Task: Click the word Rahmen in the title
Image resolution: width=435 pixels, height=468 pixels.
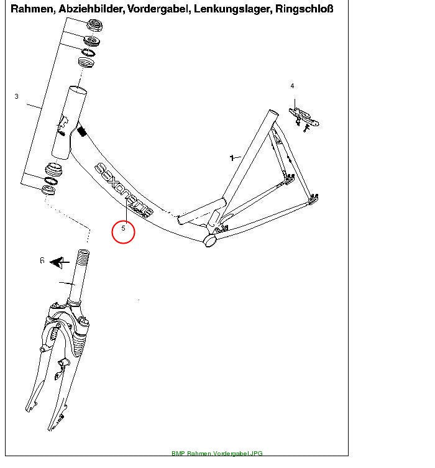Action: (31, 9)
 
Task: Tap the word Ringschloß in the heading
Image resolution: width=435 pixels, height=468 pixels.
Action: (304, 9)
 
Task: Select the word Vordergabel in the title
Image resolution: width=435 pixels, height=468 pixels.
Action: (158, 9)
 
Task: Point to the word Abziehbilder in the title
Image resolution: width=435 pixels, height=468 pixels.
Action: (90, 9)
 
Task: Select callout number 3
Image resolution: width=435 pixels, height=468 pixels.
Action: (16, 96)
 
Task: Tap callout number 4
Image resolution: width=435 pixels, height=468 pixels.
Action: (292, 86)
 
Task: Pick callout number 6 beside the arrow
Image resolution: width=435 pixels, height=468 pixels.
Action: (42, 260)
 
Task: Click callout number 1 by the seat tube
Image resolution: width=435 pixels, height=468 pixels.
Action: (232, 158)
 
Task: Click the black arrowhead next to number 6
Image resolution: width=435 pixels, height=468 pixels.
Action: (57, 262)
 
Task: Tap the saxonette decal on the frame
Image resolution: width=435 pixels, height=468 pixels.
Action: (124, 190)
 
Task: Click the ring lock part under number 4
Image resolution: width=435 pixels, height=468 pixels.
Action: (304, 119)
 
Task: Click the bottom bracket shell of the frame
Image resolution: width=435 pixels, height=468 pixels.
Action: (210, 241)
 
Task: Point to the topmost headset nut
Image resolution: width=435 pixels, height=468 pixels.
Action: (94, 25)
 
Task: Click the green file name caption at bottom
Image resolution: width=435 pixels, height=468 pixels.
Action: (217, 453)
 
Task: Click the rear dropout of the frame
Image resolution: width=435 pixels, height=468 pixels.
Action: (313, 199)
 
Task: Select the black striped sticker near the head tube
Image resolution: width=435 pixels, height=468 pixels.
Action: (81, 131)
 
